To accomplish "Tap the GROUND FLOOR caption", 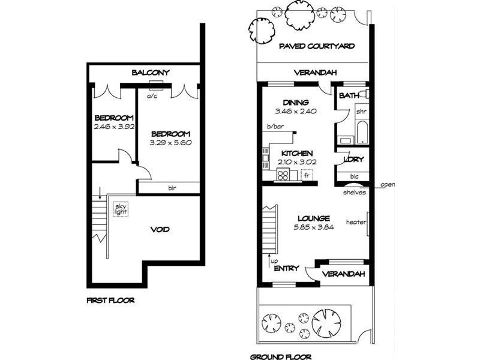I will [x=281, y=357].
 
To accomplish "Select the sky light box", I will [x=121, y=209].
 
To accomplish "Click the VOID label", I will [x=160, y=230].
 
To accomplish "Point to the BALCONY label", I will [x=151, y=73].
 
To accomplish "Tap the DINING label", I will [x=296, y=103].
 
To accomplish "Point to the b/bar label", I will [x=274, y=127].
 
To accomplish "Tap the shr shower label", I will [x=361, y=112].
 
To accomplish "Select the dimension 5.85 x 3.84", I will [x=311, y=228].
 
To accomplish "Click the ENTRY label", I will [x=286, y=269].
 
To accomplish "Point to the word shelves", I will [x=355, y=193].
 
